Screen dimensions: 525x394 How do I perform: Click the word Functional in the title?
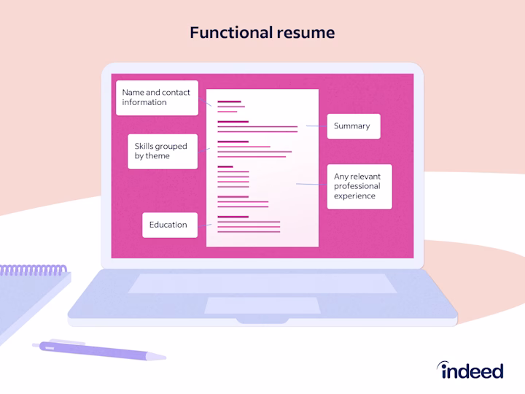tap(231, 33)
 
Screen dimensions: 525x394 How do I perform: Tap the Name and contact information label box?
tap(157, 98)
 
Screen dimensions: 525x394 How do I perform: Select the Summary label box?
tap(354, 126)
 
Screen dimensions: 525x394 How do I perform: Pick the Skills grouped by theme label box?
tap(163, 152)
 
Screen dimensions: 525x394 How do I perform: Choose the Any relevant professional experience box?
tap(359, 187)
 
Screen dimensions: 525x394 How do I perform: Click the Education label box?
tap(170, 225)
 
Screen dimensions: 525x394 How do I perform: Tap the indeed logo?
tap(470, 370)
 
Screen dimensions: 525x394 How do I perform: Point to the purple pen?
tap(99, 350)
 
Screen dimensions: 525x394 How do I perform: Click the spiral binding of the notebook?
tap(33, 270)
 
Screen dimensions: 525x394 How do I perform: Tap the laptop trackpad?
tap(262, 305)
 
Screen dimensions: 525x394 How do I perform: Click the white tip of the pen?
tap(156, 357)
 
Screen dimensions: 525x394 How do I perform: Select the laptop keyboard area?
tap(262, 283)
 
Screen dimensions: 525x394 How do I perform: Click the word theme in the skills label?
tap(157, 156)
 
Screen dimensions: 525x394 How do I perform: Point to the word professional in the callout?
tap(357, 186)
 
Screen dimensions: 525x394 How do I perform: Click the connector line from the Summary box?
tap(316, 126)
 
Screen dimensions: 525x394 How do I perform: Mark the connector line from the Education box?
tap(205, 225)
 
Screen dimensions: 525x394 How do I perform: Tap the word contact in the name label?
tap(176, 92)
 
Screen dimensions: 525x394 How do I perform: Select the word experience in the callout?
tap(354, 196)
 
